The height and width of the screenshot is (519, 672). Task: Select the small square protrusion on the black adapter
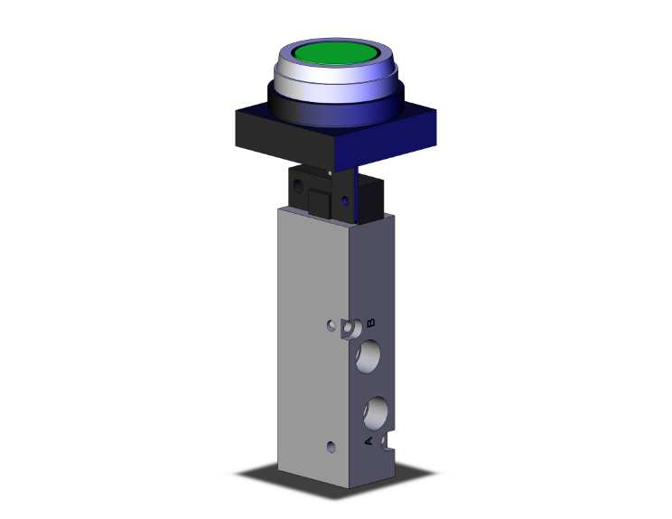click(318, 201)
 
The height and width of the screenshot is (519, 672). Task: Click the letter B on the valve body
click(370, 321)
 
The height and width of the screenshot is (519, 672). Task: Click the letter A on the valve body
click(367, 440)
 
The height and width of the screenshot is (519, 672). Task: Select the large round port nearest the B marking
click(371, 357)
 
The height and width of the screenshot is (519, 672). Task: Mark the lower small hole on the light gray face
click(331, 446)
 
